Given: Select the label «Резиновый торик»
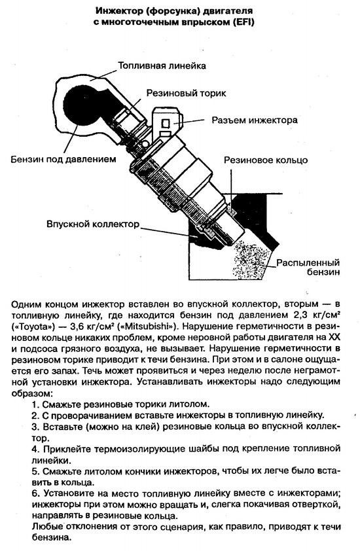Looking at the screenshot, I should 187,94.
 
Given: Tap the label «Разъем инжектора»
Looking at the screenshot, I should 255,120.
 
